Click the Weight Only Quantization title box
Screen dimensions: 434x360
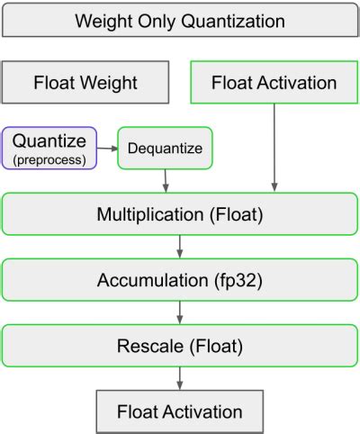coord(179,19)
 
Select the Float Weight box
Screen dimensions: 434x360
coord(85,83)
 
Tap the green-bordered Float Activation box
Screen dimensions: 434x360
coord(274,83)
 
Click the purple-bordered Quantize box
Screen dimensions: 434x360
coord(49,147)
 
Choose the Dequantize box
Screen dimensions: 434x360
coord(165,148)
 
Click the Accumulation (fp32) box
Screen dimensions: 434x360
coord(179,279)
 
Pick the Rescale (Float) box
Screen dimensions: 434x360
coord(179,345)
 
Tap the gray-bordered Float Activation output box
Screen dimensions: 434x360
coord(179,411)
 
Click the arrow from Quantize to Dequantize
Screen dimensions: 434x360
coord(107,147)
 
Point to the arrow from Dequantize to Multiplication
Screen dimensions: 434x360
coord(166,180)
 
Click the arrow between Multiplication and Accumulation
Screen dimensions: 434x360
coord(180,246)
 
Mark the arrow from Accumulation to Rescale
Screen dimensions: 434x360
coord(180,312)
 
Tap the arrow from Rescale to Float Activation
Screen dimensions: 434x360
coord(180,377)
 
